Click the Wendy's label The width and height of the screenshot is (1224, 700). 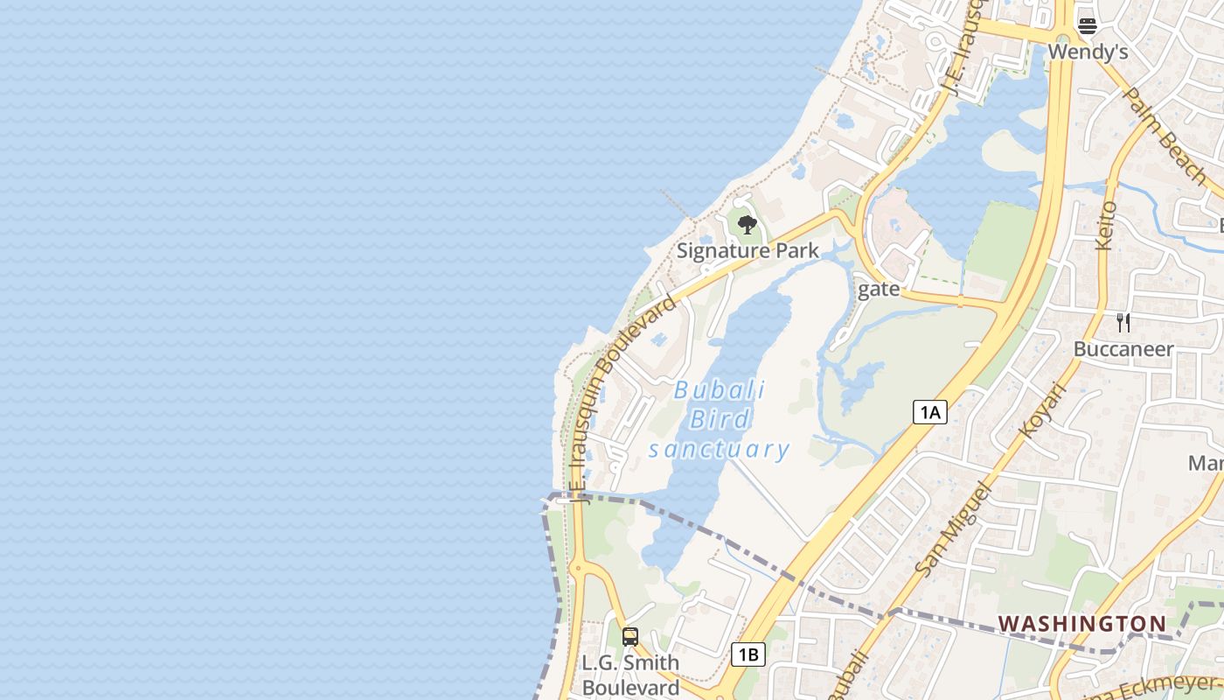pyautogui.click(x=1088, y=52)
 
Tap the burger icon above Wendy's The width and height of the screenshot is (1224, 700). pyautogui.click(x=1088, y=25)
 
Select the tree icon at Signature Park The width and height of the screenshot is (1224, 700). pyautogui.click(x=747, y=225)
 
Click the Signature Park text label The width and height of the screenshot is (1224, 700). pyautogui.click(x=748, y=251)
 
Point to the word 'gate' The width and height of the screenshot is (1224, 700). pyautogui.click(x=879, y=289)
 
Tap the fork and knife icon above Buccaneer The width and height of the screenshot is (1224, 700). pyautogui.click(x=1123, y=323)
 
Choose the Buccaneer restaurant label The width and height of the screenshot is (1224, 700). pyautogui.click(x=1123, y=349)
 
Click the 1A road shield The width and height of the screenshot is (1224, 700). pyautogui.click(x=929, y=412)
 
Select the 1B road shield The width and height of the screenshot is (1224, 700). pyautogui.click(x=748, y=654)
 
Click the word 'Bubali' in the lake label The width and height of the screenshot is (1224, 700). pyautogui.click(x=720, y=390)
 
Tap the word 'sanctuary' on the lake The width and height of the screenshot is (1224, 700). pyautogui.click(x=720, y=450)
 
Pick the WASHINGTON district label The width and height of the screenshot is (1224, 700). pyautogui.click(x=1082, y=624)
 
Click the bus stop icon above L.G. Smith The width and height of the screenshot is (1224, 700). pyautogui.click(x=630, y=637)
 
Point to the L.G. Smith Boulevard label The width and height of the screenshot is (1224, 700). pyautogui.click(x=630, y=675)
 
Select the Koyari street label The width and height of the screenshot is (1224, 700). pyautogui.click(x=1044, y=409)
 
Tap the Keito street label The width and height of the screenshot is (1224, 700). pyautogui.click(x=1107, y=225)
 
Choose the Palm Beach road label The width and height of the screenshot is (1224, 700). pyautogui.click(x=1165, y=136)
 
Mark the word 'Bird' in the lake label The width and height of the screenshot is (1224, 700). pyautogui.click(x=720, y=420)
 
